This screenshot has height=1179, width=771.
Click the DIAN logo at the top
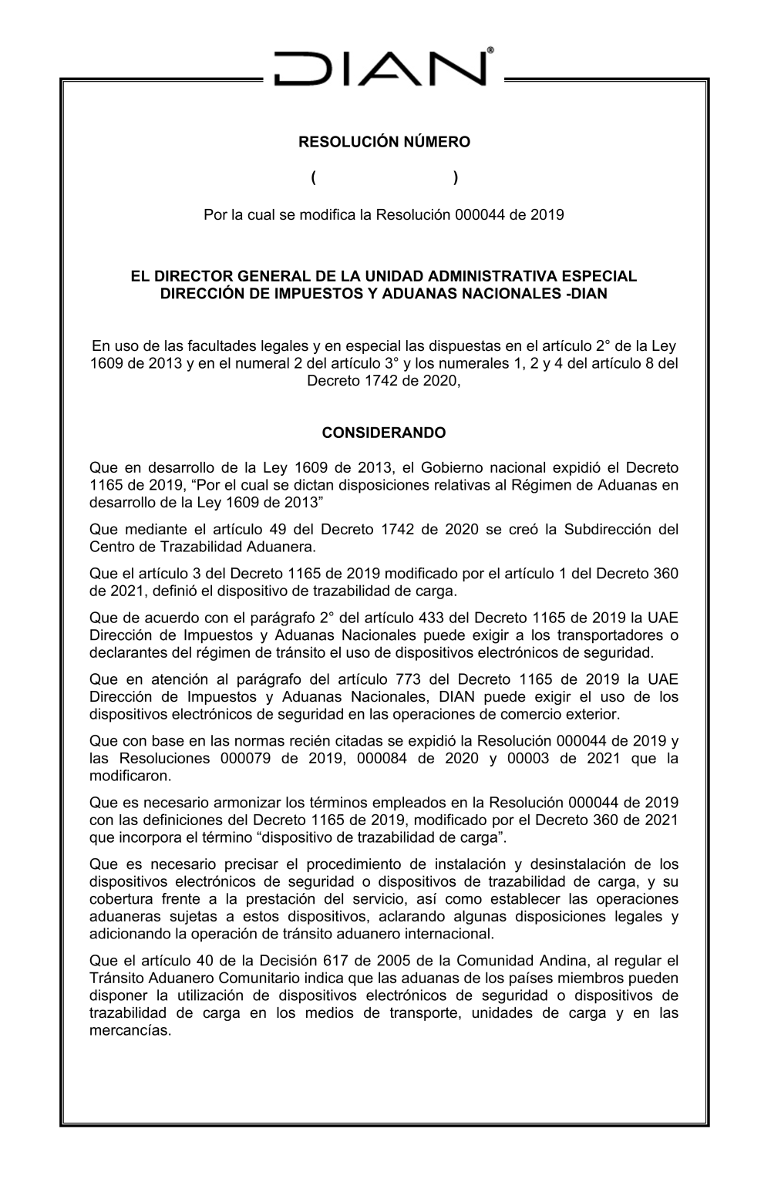click(x=383, y=67)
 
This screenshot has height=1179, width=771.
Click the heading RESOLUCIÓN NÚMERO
click(x=384, y=143)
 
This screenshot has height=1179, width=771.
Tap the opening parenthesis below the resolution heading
click(x=315, y=178)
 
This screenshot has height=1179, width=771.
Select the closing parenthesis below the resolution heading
click(x=456, y=178)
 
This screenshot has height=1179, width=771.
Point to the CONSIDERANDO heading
click(x=384, y=433)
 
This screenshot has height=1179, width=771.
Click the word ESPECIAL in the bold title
click(x=596, y=276)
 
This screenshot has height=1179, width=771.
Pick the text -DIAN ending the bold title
click(x=587, y=294)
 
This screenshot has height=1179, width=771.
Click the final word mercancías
click(x=130, y=1030)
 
